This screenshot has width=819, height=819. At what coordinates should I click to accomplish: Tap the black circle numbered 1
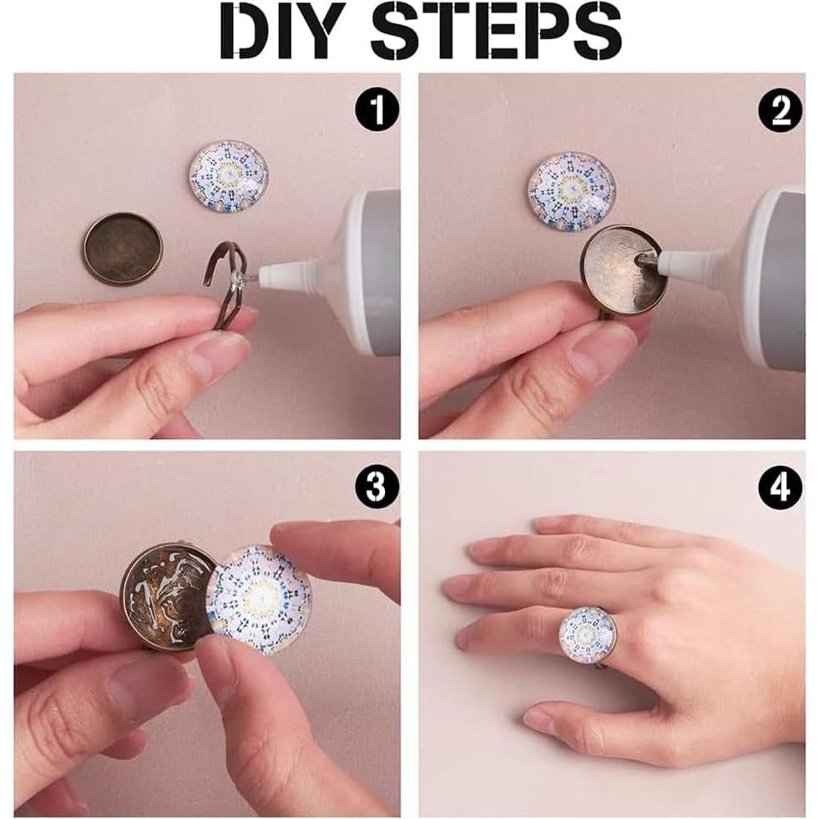(x=377, y=109)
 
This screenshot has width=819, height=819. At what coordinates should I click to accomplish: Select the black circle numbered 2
(x=781, y=110)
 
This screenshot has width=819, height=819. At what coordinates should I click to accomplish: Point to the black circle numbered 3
(x=377, y=486)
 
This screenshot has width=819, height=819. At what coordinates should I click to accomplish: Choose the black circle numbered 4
(x=781, y=487)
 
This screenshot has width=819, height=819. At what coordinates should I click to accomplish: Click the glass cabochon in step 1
(x=228, y=175)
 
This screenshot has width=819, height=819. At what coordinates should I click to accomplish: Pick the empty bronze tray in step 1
(x=124, y=248)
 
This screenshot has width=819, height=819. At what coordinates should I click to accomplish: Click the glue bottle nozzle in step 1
(x=292, y=270)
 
